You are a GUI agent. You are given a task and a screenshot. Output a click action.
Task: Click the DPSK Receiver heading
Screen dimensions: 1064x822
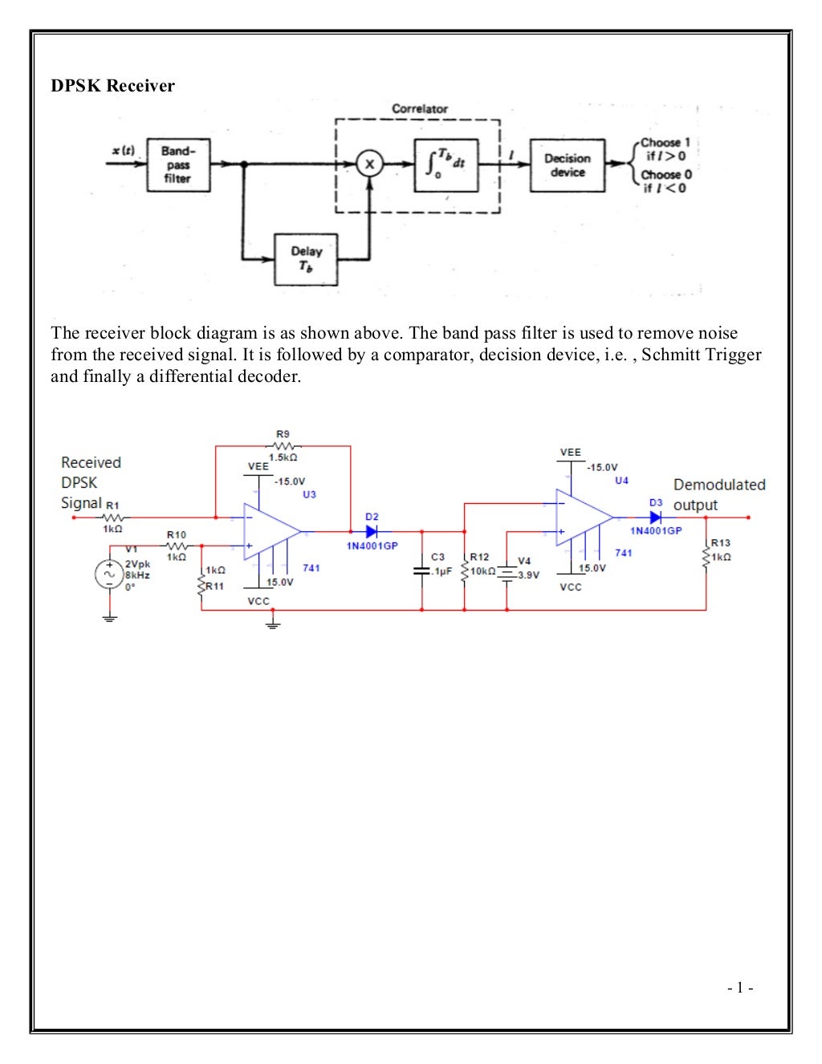point(112,86)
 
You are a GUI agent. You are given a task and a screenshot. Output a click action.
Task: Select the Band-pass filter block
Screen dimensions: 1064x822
point(178,164)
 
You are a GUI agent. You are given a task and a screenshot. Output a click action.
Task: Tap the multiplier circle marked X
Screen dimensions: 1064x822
point(369,164)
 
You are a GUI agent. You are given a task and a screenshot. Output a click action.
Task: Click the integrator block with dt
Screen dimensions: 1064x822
point(446,164)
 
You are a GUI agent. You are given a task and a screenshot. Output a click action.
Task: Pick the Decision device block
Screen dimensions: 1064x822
point(567,165)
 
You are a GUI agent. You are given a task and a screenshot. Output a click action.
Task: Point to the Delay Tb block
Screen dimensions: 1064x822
point(306,259)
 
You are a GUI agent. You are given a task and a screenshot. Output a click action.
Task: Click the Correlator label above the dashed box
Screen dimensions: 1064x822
point(419,108)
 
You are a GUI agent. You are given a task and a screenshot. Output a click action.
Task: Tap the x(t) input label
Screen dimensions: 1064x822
point(123,151)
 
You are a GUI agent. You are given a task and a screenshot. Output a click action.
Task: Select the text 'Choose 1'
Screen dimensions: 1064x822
point(665,143)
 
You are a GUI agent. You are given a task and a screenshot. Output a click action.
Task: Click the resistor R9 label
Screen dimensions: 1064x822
point(283,433)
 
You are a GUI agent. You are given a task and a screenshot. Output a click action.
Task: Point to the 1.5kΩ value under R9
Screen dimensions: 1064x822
point(283,457)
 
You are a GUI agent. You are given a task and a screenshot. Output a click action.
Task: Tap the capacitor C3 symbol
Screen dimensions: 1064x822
point(421,571)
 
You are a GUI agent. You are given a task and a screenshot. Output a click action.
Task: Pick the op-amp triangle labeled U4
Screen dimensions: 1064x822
point(581,518)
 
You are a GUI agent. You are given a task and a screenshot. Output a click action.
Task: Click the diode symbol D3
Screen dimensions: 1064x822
point(656,518)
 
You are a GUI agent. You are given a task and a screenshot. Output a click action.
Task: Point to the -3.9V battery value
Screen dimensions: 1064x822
point(527,575)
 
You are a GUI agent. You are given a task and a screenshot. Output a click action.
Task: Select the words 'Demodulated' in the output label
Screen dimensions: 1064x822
point(719,485)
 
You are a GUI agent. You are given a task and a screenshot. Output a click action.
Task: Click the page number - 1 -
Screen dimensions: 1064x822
point(739,989)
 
